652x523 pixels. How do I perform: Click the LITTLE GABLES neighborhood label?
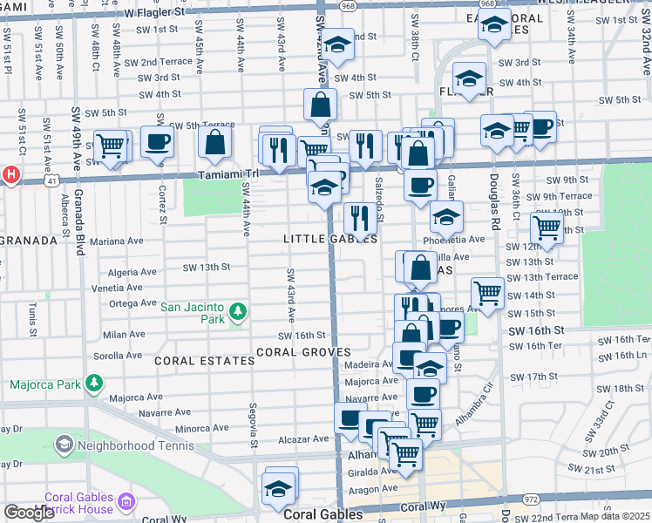[x=330, y=239]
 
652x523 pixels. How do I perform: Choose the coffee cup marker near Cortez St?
[x=157, y=141]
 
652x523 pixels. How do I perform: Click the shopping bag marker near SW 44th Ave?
[x=214, y=141]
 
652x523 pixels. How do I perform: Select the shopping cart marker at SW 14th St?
[x=487, y=292]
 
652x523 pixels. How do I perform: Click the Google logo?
[x=29, y=513]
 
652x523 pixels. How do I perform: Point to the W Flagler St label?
[x=154, y=13]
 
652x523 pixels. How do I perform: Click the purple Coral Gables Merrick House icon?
[x=127, y=502]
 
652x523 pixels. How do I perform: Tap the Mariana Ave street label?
[x=116, y=241]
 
